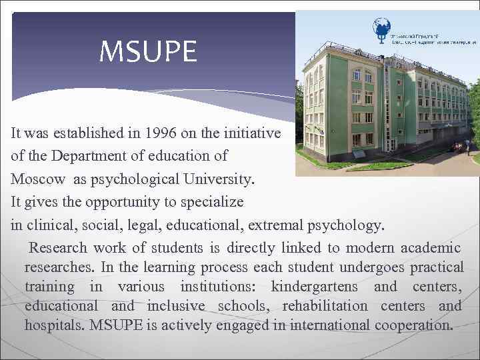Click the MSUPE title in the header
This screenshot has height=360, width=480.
(x=148, y=52)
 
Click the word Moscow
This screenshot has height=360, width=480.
(x=38, y=179)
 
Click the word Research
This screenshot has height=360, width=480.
(x=58, y=248)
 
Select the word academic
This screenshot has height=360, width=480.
(x=430, y=248)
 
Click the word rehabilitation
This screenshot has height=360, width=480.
(x=325, y=307)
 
